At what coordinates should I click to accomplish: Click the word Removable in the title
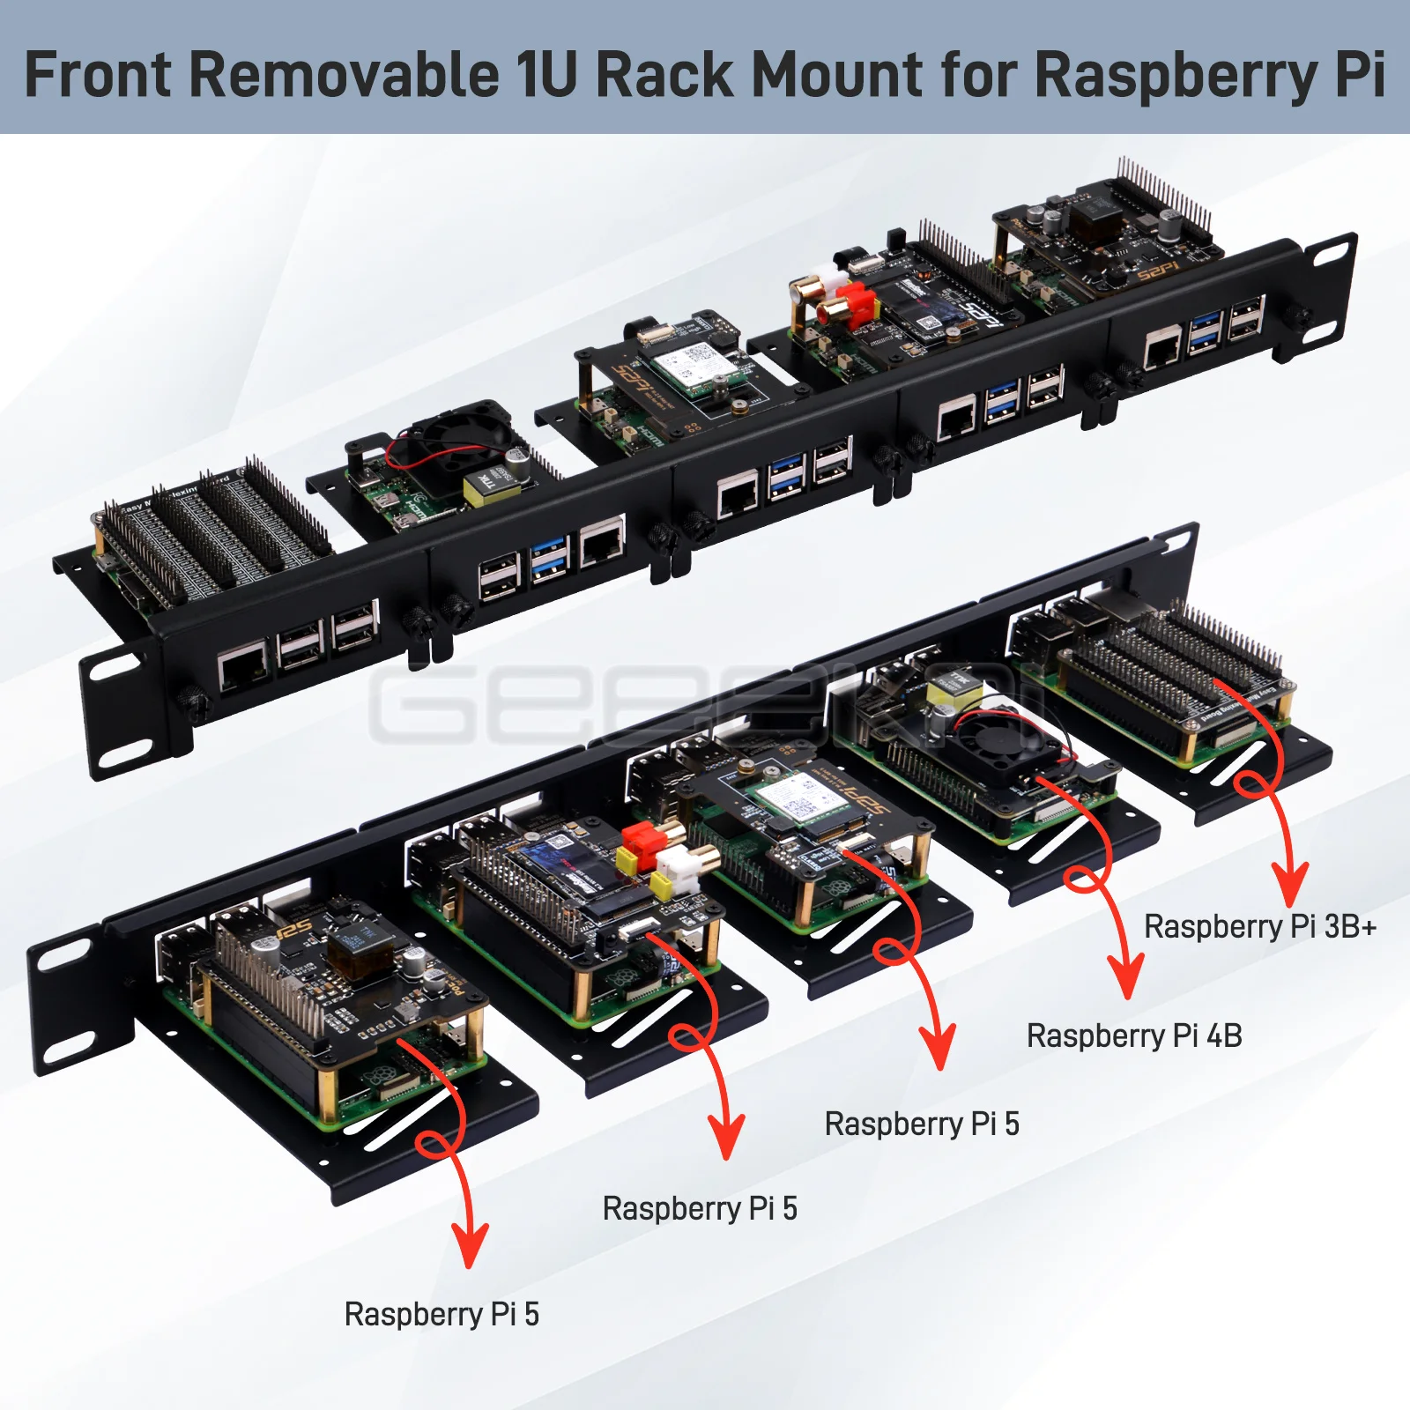344,74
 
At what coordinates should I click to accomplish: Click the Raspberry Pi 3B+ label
1259,927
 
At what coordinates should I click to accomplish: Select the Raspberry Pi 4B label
1134,1036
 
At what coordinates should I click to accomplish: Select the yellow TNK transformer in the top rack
487,486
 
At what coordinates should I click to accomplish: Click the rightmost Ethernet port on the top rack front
1161,346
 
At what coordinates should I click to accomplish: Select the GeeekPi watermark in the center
705,705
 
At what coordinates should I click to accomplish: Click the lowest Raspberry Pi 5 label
442,1315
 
